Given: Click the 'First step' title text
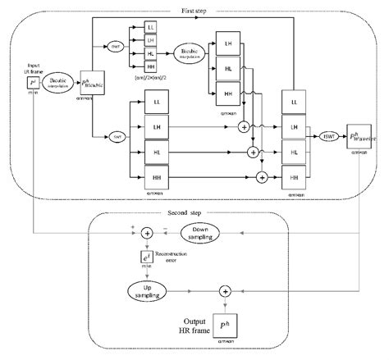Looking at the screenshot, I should pyautogui.click(x=194, y=9).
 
